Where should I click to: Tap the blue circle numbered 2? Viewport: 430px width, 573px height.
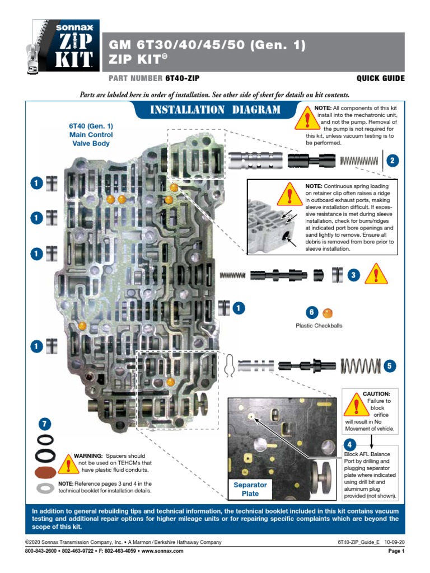(393, 161)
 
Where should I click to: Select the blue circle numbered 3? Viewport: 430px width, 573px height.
(353, 275)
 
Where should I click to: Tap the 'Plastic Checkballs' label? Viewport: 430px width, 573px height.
(319, 326)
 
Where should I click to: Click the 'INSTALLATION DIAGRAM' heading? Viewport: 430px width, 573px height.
(216, 110)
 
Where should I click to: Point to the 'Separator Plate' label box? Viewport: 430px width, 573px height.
(250, 489)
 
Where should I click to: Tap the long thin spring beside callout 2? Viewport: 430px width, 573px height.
(359, 161)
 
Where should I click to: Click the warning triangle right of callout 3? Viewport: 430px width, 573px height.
(376, 275)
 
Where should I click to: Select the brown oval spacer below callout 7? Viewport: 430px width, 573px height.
(45, 471)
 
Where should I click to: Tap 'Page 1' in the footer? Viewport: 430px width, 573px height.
(396, 551)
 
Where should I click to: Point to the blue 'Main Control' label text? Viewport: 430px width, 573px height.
(91, 134)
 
